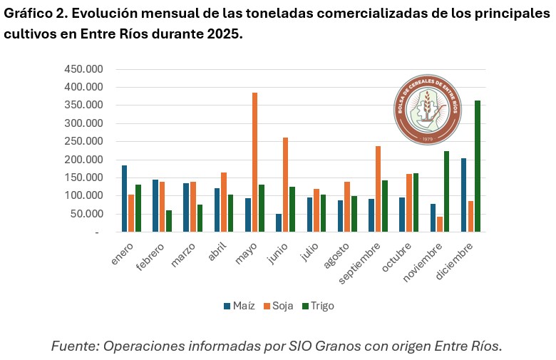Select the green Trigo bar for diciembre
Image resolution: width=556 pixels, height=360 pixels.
tap(478, 166)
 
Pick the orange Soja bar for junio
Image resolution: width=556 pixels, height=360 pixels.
tap(285, 185)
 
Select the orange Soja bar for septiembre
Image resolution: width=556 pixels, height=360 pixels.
tap(378, 189)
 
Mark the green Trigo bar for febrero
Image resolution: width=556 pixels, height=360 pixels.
tap(169, 221)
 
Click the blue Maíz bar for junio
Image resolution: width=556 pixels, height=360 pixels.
tap(279, 222)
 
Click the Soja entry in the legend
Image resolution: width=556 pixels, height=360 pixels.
tap(278, 306)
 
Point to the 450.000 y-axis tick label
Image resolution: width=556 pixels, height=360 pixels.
tap(83, 69)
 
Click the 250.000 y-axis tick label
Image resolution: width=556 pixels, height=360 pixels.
tap(83, 141)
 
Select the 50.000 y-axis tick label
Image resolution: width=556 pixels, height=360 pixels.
tap(86, 214)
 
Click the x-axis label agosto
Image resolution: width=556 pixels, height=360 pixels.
tap(336, 254)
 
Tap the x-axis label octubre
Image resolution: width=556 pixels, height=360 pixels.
tap(397, 254)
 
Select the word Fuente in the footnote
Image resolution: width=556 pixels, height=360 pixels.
tap(73, 346)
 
